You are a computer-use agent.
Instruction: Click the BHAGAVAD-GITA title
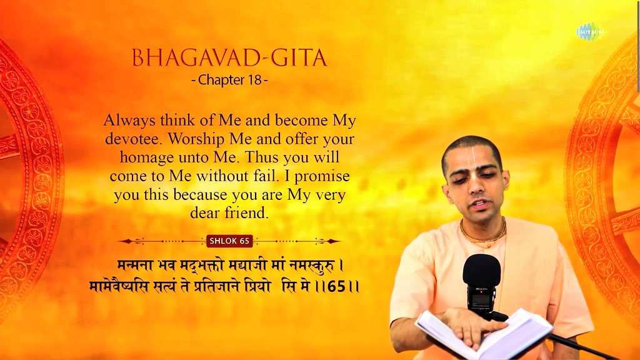point(229,58)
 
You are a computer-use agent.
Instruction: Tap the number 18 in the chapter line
point(254,80)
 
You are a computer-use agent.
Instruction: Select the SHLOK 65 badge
point(229,241)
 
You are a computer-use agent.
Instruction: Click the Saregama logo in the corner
point(590,31)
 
